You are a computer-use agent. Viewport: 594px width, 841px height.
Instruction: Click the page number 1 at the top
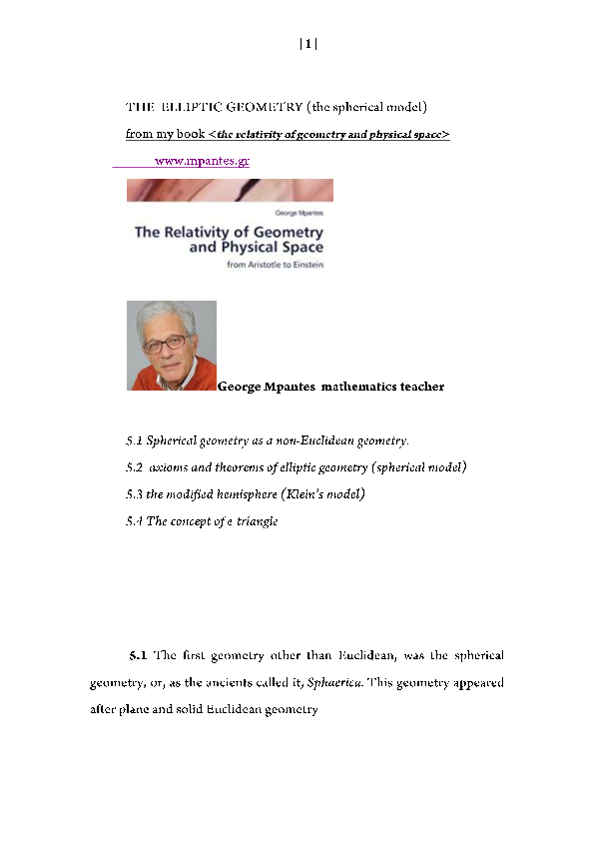tap(308, 44)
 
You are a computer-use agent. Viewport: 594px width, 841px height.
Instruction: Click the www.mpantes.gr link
tap(202, 160)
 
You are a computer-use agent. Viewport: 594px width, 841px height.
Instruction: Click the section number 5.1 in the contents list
tap(135, 440)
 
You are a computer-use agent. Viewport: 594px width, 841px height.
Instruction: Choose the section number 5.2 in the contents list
tap(135, 467)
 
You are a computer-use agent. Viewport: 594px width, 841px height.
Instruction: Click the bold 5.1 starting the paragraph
tap(139, 656)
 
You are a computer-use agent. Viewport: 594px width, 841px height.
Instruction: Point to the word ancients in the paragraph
tap(222, 684)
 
